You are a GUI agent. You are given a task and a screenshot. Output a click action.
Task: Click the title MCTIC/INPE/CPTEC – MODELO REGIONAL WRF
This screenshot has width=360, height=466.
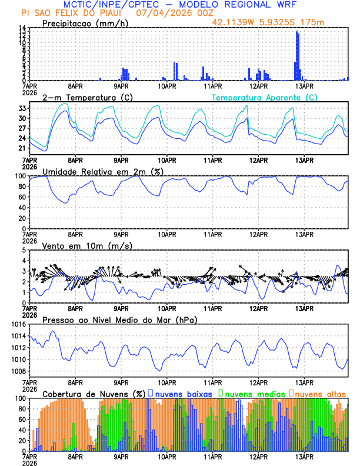pyautogui.click(x=179, y=5)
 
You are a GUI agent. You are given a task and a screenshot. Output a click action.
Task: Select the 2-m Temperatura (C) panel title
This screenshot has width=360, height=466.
pyautogui.click(x=88, y=97)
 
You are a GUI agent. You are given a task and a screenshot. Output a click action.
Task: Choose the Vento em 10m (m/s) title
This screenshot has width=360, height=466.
pyautogui.click(x=87, y=245)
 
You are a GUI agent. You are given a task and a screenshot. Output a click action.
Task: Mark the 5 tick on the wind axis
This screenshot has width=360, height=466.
pyautogui.click(x=24, y=250)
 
